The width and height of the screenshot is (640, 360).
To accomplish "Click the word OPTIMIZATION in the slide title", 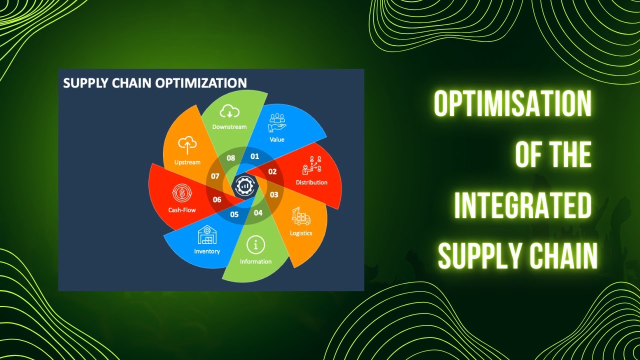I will pyautogui.click(x=201, y=82).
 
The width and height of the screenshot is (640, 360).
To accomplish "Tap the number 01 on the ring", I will pyautogui.click(x=255, y=156).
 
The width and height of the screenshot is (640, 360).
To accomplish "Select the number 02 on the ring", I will pyautogui.click(x=272, y=171).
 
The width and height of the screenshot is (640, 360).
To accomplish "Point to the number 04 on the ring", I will pyautogui.click(x=258, y=212).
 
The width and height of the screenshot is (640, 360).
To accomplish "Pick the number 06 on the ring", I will pyautogui.click(x=217, y=199).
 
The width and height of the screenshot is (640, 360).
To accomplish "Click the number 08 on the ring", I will pyautogui.click(x=231, y=158).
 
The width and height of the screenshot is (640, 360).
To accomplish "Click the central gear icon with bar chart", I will pyautogui.click(x=244, y=185).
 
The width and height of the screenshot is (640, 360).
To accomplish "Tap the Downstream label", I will pyautogui.click(x=229, y=126).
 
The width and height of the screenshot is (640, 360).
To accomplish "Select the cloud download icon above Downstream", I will pyautogui.click(x=229, y=112).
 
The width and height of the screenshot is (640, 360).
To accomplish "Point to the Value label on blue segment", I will pyautogui.click(x=277, y=139).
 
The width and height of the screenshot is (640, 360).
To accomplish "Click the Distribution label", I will pyautogui.click(x=311, y=182).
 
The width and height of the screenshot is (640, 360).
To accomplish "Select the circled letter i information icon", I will pyautogui.click(x=256, y=245).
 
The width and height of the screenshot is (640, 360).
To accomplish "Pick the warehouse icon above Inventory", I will pyautogui.click(x=207, y=234).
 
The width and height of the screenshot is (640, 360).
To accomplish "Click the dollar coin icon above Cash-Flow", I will pyautogui.click(x=181, y=193).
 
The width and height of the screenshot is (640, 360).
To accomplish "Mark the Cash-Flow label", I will pyautogui.click(x=182, y=210).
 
